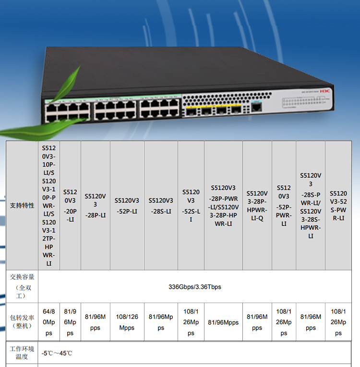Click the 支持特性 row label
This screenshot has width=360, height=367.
tap(22, 205)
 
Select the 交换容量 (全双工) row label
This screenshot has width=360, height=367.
tap(22, 287)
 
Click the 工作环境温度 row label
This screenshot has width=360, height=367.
tap(22, 353)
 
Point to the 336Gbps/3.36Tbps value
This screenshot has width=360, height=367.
tap(194, 287)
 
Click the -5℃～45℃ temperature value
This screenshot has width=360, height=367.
tap(57, 353)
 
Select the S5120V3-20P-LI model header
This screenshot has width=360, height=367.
tap(70, 206)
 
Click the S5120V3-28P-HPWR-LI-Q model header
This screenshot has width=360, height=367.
tap(257, 206)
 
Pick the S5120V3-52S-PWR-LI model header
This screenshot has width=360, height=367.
tap(338, 206)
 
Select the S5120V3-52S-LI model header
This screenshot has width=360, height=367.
tap(191, 206)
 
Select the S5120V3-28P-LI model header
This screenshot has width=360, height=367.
tap(95, 206)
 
